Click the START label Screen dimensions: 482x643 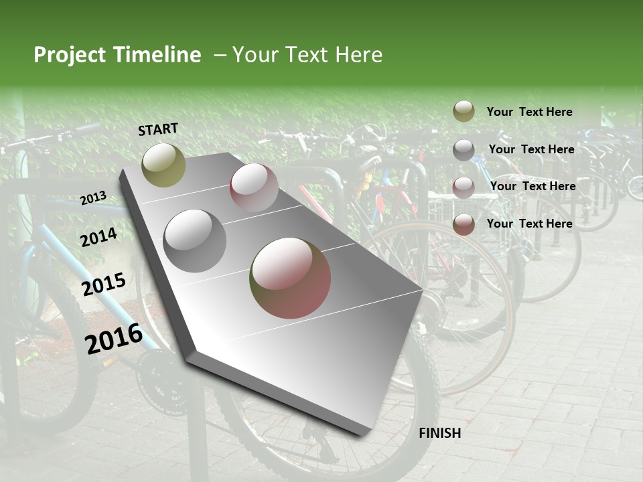tap(158, 129)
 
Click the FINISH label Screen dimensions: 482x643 tap(440, 433)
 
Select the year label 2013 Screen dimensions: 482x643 tap(93, 197)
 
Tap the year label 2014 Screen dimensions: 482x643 tap(99, 237)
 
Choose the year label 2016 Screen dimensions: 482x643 tap(114, 338)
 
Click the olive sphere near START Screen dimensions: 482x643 tap(163, 165)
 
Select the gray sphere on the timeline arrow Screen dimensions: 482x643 tap(195, 240)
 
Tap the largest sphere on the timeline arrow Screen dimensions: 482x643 tap(290, 278)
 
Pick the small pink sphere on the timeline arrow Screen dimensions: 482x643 tap(254, 187)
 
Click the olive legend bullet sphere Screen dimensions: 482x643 tap(463, 112)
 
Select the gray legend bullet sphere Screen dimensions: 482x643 tap(463, 150)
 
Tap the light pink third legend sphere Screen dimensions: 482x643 tap(463, 187)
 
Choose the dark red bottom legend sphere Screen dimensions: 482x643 tap(463, 224)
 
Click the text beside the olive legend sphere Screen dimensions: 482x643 tap(529, 112)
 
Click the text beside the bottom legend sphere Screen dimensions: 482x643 tap(529, 224)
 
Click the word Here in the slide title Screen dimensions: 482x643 tap(358, 55)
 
